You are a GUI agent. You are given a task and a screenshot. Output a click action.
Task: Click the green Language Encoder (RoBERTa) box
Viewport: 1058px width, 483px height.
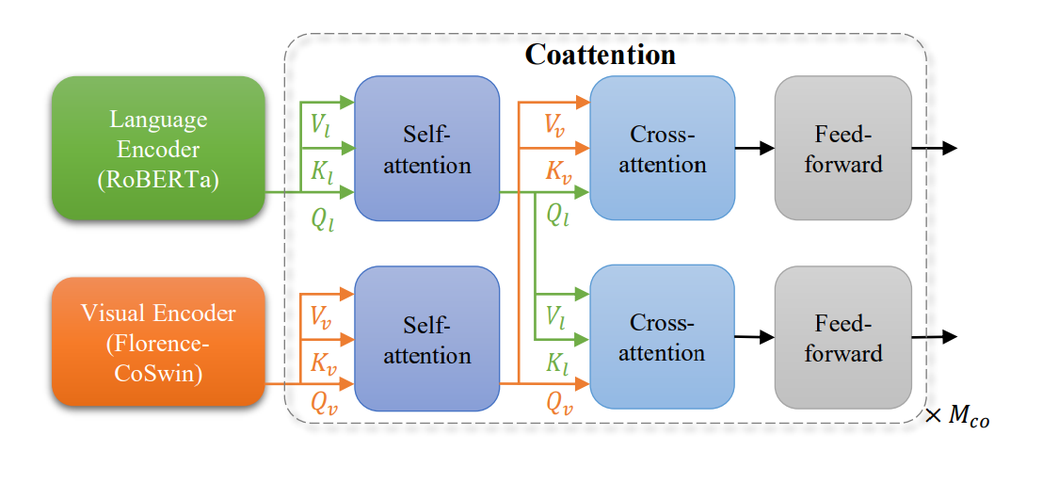[x=158, y=148]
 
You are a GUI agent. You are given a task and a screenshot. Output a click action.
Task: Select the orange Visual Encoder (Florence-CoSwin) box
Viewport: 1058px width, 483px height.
[x=158, y=341]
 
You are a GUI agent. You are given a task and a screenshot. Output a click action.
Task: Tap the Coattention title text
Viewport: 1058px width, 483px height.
[x=600, y=55]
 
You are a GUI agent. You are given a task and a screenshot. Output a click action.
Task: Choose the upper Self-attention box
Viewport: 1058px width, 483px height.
[x=426, y=149]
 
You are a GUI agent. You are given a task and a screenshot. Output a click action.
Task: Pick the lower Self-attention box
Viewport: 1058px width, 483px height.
[x=426, y=339]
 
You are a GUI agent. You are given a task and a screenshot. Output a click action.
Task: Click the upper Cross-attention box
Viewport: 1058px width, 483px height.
[x=662, y=149]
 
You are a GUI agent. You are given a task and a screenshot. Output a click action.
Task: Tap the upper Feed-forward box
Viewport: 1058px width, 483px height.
[x=842, y=149]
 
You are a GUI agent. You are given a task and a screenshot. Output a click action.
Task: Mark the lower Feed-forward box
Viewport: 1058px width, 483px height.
[x=842, y=338]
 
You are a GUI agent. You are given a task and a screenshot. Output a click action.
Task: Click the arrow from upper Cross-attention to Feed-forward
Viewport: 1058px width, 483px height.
[x=754, y=148]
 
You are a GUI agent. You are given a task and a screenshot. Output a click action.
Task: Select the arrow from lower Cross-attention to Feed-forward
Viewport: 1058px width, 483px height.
[x=754, y=336]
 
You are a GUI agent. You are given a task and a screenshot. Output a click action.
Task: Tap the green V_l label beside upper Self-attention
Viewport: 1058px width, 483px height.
[x=322, y=126]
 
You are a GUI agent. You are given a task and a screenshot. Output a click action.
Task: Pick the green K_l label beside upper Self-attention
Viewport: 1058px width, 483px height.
[x=322, y=169]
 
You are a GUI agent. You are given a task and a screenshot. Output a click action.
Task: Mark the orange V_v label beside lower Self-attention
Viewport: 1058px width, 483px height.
[x=322, y=317]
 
